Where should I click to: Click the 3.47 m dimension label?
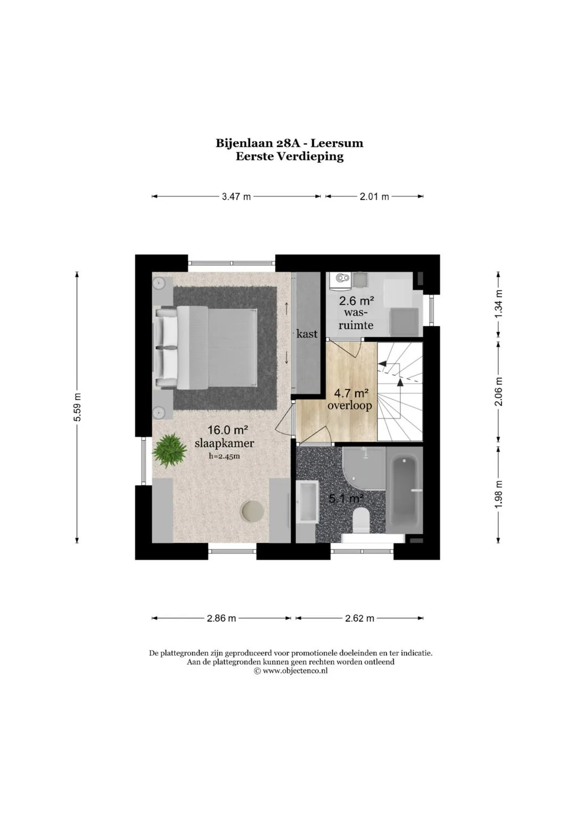click(x=236, y=196)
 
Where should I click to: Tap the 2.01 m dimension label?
click(x=374, y=196)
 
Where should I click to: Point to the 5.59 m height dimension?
click(x=77, y=407)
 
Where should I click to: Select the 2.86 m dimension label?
click(x=221, y=618)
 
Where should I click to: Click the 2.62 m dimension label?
click(x=359, y=618)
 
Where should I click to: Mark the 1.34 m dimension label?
click(x=499, y=303)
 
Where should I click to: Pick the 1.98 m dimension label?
click(x=499, y=494)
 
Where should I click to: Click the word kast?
click(x=307, y=333)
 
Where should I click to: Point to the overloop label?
click(x=350, y=405)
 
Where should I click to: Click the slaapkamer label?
click(x=224, y=443)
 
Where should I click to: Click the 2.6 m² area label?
click(x=356, y=301)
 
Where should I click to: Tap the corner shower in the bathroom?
click(x=364, y=468)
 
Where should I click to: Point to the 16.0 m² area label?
click(x=227, y=430)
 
